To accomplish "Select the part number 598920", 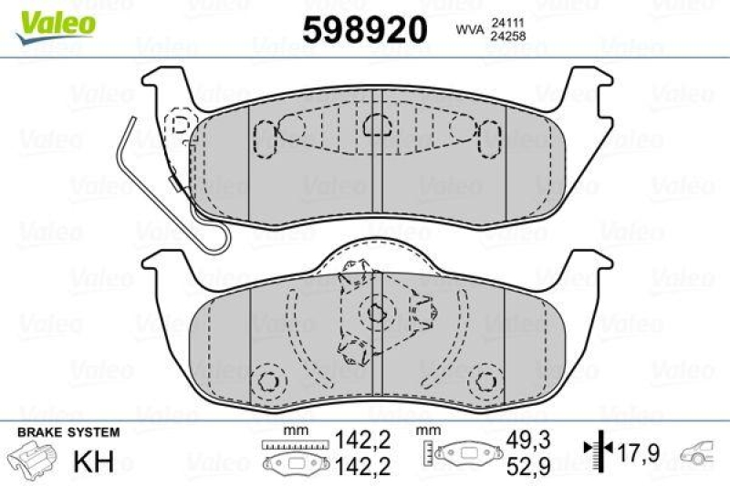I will pyautogui.click(x=365, y=29).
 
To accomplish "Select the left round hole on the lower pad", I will pyautogui.click(x=267, y=380).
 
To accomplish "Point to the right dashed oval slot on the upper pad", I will pyautogui.click(x=484, y=138).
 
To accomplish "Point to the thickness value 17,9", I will pyautogui.click(x=638, y=450).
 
